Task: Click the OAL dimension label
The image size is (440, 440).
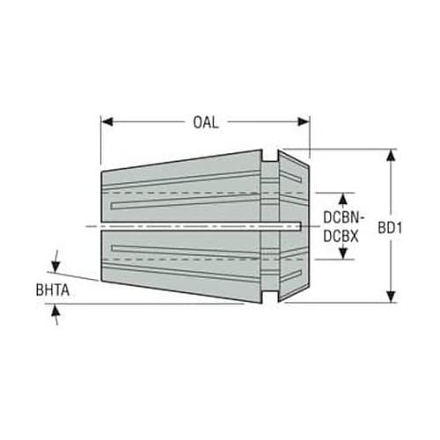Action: pyautogui.click(x=206, y=122)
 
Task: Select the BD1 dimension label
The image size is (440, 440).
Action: pyautogui.click(x=390, y=228)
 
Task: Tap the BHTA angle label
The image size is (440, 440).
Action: pyautogui.click(x=53, y=290)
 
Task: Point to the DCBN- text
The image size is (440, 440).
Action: pyautogui.click(x=343, y=217)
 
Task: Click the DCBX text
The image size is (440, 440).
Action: pyautogui.click(x=341, y=237)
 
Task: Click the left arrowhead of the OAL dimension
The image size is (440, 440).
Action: pyautogui.click(x=107, y=121)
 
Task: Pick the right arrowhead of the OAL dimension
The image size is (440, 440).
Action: pyautogui.click(x=304, y=121)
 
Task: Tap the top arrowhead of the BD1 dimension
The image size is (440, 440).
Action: pyautogui.click(x=391, y=155)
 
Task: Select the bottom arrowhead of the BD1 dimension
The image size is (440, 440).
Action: pyautogui.click(x=391, y=297)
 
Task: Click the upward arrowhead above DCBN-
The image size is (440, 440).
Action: pyautogui.click(x=343, y=199)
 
